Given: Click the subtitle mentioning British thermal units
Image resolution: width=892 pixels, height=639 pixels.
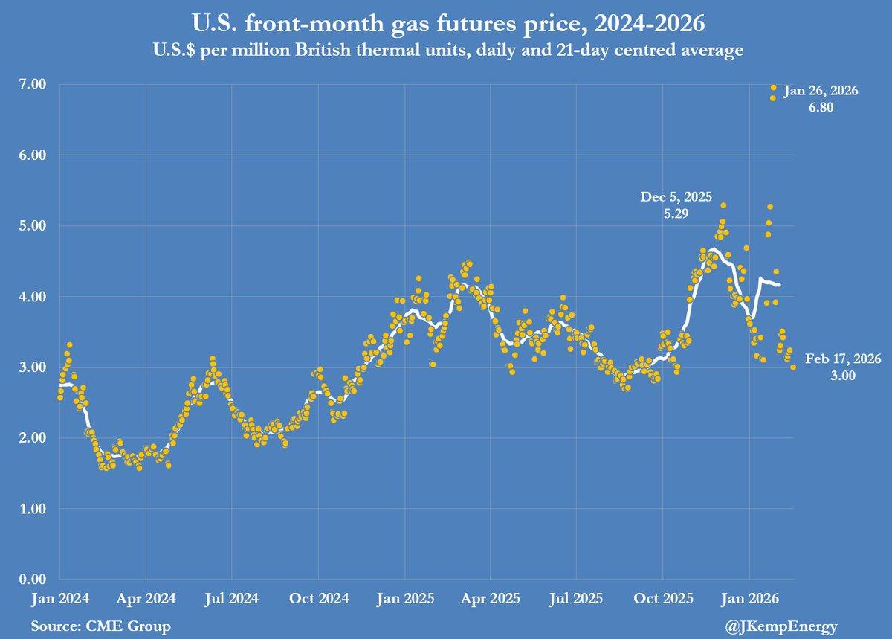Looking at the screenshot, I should [446, 51].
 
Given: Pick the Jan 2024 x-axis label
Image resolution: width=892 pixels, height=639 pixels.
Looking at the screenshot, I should [60, 597].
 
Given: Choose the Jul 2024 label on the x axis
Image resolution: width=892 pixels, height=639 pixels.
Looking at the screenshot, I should [232, 597].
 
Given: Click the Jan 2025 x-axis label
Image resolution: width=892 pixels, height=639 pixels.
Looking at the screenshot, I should [404, 597].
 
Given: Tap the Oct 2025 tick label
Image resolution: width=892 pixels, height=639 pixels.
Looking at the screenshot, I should [662, 597].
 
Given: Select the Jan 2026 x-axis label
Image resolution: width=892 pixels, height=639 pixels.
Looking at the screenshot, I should [749, 597].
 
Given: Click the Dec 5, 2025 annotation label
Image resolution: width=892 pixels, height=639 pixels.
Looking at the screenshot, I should [676, 197].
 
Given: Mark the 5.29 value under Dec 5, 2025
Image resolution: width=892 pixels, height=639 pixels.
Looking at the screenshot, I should [676, 213].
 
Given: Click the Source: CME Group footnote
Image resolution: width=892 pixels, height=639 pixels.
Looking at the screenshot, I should [100, 626].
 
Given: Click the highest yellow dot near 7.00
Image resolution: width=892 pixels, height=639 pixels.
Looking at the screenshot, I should [774, 88].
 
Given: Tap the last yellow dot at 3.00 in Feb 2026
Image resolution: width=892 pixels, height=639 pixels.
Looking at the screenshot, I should [793, 367].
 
